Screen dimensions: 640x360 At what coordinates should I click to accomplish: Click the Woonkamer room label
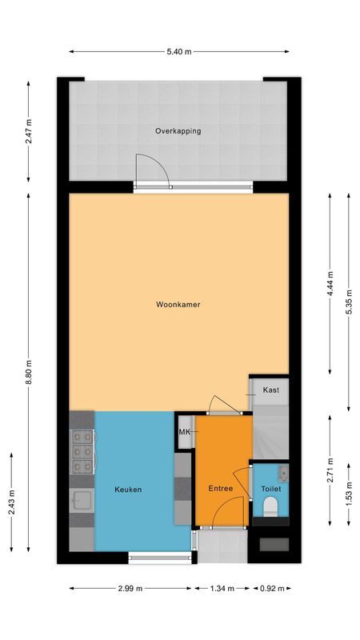click(178, 305)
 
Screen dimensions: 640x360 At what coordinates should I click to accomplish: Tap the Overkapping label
click(178, 130)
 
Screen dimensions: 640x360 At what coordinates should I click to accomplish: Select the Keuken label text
click(128, 490)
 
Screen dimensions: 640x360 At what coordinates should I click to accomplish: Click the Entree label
click(220, 489)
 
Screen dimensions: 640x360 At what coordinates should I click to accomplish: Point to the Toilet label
click(271, 489)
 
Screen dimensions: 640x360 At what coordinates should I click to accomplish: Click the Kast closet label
click(271, 390)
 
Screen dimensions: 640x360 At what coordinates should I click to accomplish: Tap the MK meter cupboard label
click(184, 433)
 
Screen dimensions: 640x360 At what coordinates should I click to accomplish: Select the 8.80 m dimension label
click(29, 373)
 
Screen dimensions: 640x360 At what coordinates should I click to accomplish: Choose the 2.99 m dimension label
click(130, 589)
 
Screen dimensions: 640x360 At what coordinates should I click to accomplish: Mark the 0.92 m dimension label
click(272, 589)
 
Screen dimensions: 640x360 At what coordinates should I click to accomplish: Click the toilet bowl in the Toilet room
click(270, 506)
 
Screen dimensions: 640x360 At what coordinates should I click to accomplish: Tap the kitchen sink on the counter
click(82, 501)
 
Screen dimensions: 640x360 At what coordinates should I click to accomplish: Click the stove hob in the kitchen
click(82, 452)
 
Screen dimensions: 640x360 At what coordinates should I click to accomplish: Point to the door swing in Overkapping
click(151, 166)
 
